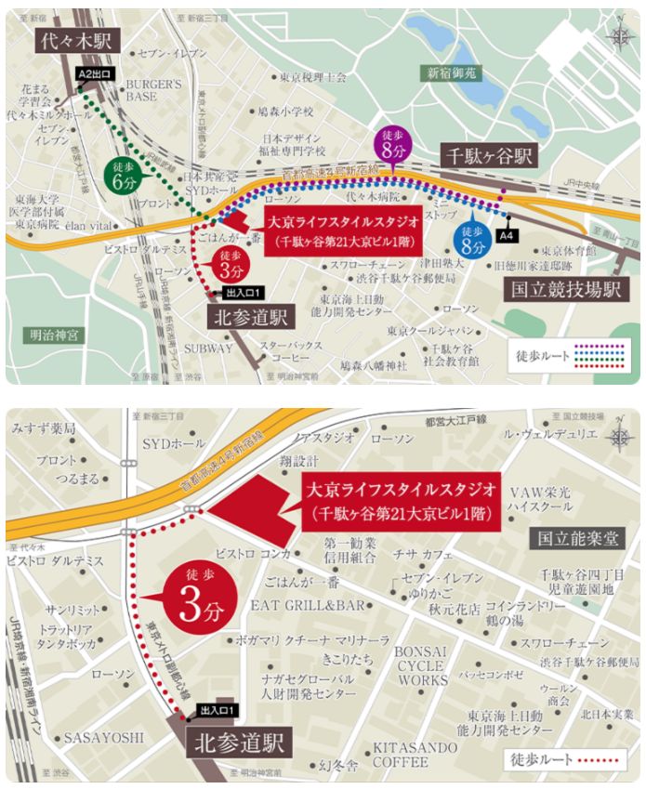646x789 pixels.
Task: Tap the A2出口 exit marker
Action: (95, 72)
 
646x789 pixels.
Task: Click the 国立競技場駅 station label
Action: (567, 289)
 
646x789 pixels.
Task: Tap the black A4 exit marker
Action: (508, 236)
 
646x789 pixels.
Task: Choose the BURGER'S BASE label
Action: (154, 90)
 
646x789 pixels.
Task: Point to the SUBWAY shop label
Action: (209, 348)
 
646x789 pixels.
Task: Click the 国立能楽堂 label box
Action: (577, 537)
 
